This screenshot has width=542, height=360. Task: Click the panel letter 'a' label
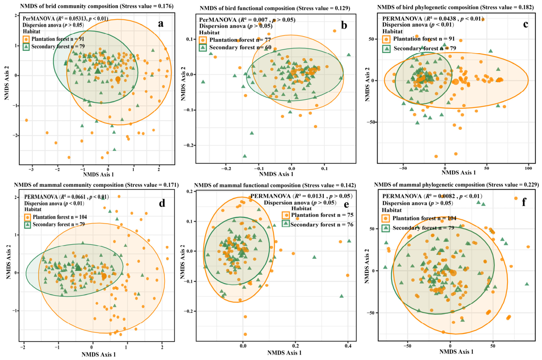point(160,24)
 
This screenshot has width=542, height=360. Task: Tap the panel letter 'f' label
point(524,202)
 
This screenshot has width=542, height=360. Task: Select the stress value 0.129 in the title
point(340,8)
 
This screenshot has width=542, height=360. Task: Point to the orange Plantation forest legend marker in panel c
point(386,39)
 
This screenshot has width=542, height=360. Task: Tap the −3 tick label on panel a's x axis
point(31,169)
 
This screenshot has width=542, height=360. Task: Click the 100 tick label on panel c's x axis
point(529,168)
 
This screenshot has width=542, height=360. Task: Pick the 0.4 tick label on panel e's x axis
point(348,346)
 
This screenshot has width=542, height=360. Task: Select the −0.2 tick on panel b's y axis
point(188,145)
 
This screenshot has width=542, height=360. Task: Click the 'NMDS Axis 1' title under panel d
point(98,355)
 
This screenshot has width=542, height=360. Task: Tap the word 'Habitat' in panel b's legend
point(209,33)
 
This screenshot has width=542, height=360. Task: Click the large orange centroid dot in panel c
point(456,82)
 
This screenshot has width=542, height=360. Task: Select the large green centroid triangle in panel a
point(98,71)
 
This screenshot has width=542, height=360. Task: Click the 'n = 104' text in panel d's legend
point(79,217)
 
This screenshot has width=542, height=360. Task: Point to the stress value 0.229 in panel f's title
point(530,185)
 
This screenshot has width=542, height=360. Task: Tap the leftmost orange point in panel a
point(27,120)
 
